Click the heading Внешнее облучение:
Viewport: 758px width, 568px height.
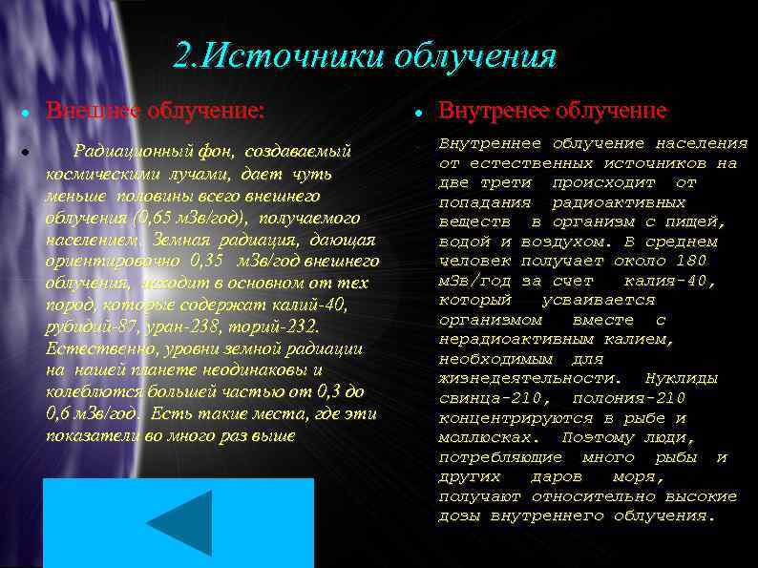pyautogui.click(x=156, y=111)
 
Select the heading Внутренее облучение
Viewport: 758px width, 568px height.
pyautogui.click(x=553, y=111)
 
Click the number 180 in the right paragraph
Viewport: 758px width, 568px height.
pyautogui.click(x=689, y=261)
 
